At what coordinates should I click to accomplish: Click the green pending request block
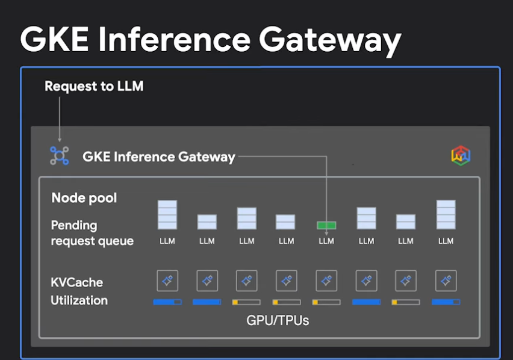click(326, 226)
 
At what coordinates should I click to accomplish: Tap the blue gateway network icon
click(59, 155)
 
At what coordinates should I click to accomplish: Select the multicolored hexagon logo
click(461, 155)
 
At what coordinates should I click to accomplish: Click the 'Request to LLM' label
click(94, 86)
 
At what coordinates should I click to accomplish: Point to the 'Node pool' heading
click(84, 197)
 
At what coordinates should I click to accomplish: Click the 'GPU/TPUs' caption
click(278, 320)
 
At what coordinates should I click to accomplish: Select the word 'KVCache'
click(77, 282)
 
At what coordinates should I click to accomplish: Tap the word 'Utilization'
click(79, 300)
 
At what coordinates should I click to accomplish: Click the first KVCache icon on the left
click(167, 281)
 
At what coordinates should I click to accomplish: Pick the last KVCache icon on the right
click(446, 281)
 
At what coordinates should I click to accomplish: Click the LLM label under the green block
click(326, 241)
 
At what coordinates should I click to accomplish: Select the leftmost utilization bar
click(167, 302)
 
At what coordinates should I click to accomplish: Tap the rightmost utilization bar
click(446, 302)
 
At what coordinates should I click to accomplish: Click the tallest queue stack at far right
click(446, 215)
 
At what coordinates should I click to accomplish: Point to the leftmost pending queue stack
click(167, 215)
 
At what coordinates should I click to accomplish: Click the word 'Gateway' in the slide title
click(330, 40)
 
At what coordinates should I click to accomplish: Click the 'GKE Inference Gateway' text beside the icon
click(159, 157)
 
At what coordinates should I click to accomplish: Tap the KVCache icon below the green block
click(326, 281)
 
